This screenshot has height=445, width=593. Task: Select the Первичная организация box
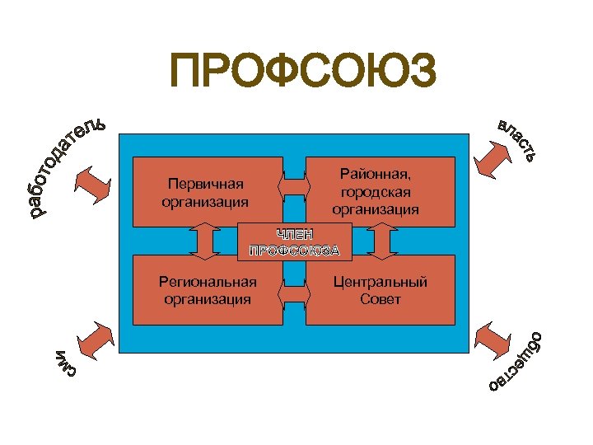point(206,191)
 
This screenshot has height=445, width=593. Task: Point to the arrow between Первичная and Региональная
point(205,240)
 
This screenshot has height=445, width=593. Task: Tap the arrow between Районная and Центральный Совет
point(381,240)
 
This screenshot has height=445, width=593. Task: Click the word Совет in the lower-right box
point(380,299)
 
